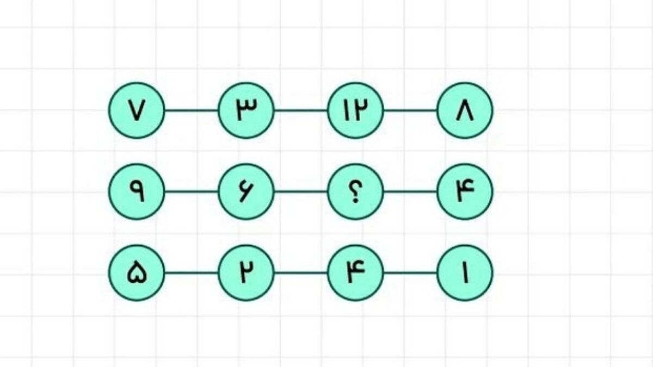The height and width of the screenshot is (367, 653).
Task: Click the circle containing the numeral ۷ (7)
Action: pos(137,110)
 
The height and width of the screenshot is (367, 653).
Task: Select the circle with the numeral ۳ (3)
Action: pos(246,110)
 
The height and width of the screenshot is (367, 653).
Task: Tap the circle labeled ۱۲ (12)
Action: pos(355,110)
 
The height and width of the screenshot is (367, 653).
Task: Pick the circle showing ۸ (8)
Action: pos(465,110)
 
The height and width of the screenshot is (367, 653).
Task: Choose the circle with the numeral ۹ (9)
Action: pos(137,191)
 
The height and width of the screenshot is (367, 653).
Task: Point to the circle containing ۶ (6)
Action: pos(246,191)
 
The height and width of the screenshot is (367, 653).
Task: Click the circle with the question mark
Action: pos(355,191)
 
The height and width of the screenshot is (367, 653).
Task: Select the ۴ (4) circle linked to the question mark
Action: pos(465,191)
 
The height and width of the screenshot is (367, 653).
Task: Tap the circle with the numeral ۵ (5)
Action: pos(137,273)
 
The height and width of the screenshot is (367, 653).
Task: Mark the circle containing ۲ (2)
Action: pos(246,273)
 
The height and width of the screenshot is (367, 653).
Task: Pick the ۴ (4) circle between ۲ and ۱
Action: pos(355,273)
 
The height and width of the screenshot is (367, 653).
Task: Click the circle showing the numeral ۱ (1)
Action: pos(465,273)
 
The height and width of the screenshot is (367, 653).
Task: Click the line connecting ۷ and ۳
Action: pos(192,110)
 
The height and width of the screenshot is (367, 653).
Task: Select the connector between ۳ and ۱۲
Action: pos(300,110)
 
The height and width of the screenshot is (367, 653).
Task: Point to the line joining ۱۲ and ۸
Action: pos(410,110)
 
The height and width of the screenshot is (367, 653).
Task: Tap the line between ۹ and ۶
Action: pos(192,191)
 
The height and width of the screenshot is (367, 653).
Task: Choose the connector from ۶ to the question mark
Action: pos(300,191)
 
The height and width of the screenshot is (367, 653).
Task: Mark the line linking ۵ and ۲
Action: pos(192,273)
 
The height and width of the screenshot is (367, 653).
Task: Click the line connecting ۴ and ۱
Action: pos(410,273)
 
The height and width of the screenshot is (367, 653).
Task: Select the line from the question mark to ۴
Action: pos(410,191)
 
